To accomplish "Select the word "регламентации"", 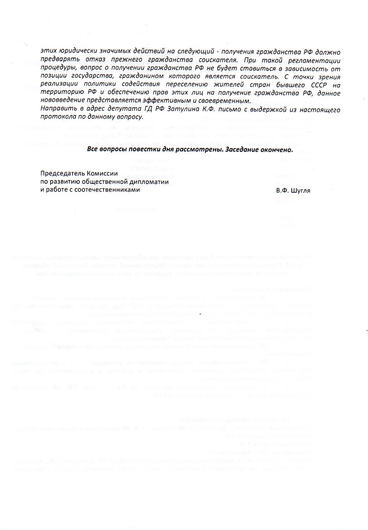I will point(315,60).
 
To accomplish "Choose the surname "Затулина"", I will point(181,109).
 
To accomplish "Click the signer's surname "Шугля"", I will point(302,191).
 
